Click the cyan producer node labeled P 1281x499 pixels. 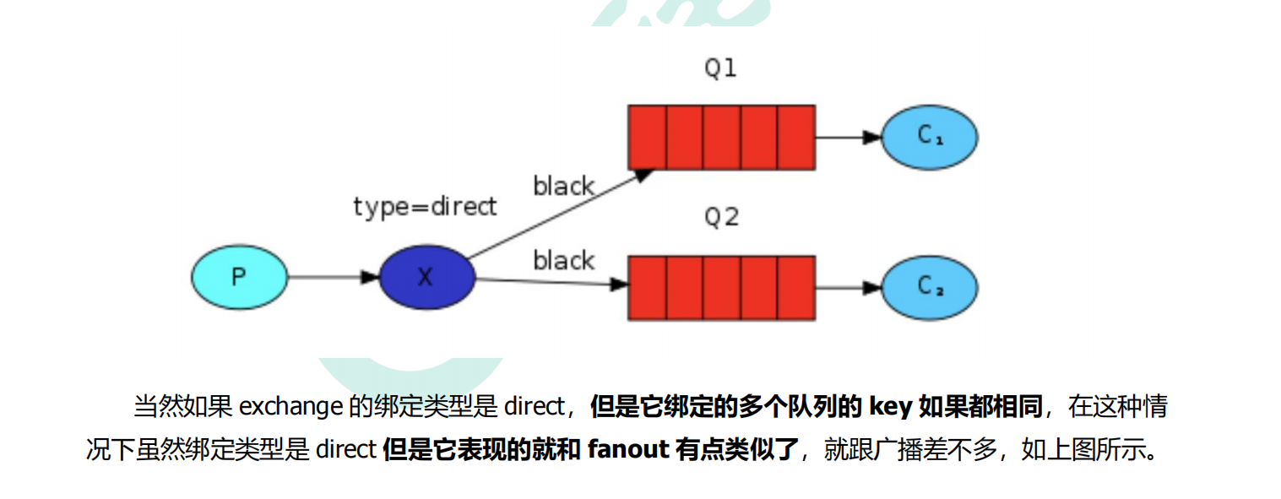pos(240,277)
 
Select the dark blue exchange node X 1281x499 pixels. pos(426,277)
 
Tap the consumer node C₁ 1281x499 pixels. pos(929,136)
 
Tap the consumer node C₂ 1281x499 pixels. pos(929,286)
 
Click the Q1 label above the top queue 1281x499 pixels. pos(720,68)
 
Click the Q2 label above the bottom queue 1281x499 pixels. pos(721,218)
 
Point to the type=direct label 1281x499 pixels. pos(425,206)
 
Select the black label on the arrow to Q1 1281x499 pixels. pos(563,186)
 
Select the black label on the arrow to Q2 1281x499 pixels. pos(563,261)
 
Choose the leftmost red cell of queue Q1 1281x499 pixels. pos(648,137)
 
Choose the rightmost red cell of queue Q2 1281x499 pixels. pos(795,287)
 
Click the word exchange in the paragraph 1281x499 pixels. pos(291,407)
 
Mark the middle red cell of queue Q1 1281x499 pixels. pos(721,137)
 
